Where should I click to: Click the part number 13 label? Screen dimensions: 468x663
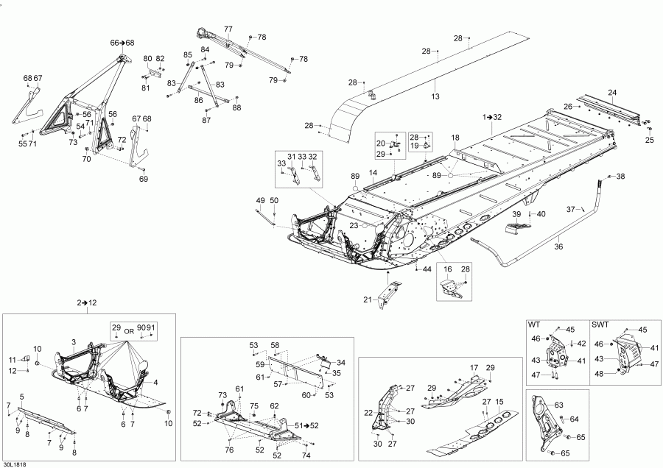(435, 97)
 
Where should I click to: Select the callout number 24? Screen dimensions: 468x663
(611, 92)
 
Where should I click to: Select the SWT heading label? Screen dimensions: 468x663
(600, 324)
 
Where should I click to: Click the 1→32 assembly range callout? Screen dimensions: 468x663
(492, 118)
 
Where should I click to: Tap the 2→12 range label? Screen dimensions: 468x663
(87, 302)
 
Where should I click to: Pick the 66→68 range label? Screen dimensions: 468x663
(122, 43)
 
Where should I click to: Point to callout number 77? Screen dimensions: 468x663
(228, 29)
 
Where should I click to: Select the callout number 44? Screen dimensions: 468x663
(427, 270)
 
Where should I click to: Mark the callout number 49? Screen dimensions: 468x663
(260, 201)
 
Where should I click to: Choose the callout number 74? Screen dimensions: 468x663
(306, 455)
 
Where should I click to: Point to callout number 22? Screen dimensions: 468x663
(368, 414)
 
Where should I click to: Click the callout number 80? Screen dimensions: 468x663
(147, 59)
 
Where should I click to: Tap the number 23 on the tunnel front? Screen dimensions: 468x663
(354, 226)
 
